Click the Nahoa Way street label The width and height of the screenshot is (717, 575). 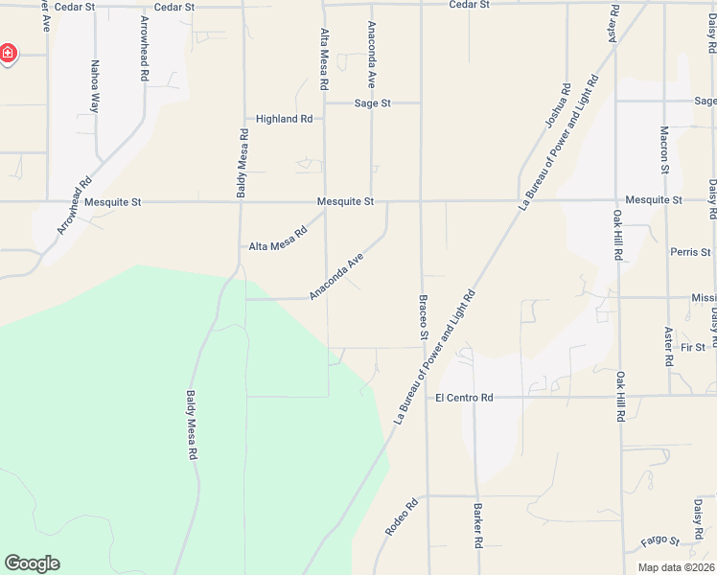coord(95,87)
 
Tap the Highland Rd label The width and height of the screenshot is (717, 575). coord(284,119)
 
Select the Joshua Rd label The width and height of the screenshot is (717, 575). coord(557,106)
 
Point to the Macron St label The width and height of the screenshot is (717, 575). coord(664,149)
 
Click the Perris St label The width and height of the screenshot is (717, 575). coord(691,252)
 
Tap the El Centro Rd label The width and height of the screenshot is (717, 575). coord(464,398)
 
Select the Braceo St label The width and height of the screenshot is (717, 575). coord(422,317)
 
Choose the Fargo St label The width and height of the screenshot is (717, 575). coord(659,541)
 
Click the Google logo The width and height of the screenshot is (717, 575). coord(32,563)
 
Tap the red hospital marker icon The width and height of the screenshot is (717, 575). coord(7,53)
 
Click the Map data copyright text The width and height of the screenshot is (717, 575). coord(676,567)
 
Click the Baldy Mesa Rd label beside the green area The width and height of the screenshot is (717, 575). coord(192,426)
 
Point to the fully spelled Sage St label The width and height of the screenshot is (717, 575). coord(373,103)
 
